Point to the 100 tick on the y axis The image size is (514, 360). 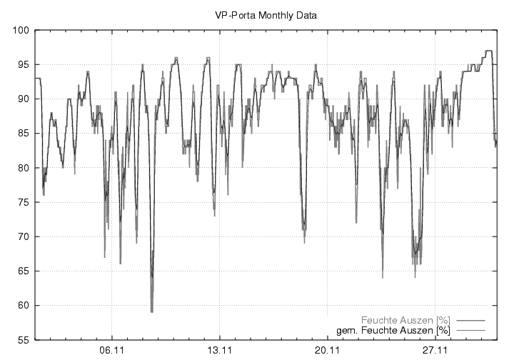coord(20,31)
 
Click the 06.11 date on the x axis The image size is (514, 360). coord(112,351)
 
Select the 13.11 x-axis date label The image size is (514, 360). coord(219,351)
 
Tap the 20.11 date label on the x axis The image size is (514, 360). coord(326,351)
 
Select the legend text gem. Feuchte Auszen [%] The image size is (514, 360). coord(393,331)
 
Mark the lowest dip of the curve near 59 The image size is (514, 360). coord(151,311)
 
